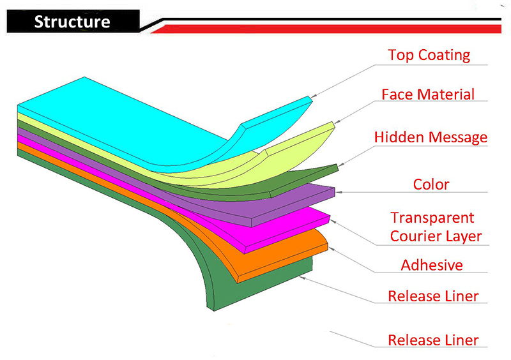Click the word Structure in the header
click(x=72, y=22)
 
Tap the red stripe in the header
click(x=326, y=29)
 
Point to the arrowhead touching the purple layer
click(x=339, y=192)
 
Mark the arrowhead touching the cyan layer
click(x=314, y=96)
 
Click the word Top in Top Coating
click(x=401, y=55)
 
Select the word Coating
click(x=444, y=55)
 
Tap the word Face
click(x=397, y=94)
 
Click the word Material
click(x=446, y=94)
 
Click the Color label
click(x=431, y=184)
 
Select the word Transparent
click(x=432, y=218)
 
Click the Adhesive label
click(x=432, y=265)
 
